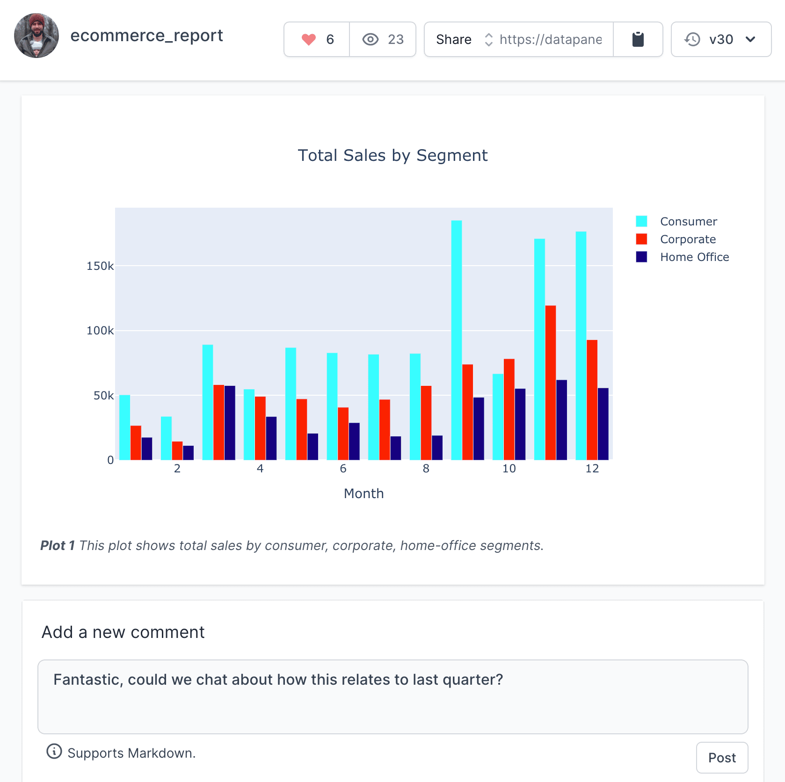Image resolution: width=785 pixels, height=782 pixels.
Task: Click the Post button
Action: (x=722, y=758)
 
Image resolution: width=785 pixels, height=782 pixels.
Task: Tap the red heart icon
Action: (x=309, y=40)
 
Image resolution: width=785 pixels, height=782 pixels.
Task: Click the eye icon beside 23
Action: (x=370, y=40)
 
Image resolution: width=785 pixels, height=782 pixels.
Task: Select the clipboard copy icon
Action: (x=638, y=40)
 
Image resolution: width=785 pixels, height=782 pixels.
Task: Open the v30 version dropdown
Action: (x=720, y=40)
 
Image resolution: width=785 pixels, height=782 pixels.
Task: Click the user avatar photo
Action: (x=36, y=36)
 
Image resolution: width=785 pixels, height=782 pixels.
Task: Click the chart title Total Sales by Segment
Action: (x=392, y=155)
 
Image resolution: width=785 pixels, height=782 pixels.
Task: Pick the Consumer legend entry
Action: (x=688, y=221)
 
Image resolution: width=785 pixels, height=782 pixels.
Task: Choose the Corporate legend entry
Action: (x=688, y=239)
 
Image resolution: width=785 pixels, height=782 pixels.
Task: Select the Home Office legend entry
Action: (x=694, y=257)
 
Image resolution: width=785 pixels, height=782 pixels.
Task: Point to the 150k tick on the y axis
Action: (x=100, y=266)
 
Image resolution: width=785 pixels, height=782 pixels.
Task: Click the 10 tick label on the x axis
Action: (x=509, y=469)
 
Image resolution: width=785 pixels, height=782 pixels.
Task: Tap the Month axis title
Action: (x=363, y=493)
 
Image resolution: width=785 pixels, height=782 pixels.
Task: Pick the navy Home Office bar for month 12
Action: (x=603, y=424)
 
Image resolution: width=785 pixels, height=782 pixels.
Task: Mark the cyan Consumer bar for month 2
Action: (x=166, y=438)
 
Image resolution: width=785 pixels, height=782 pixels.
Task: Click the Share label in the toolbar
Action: (x=453, y=40)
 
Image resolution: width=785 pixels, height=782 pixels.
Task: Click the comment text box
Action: (x=392, y=696)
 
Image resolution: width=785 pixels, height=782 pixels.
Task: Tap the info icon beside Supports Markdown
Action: (x=54, y=752)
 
